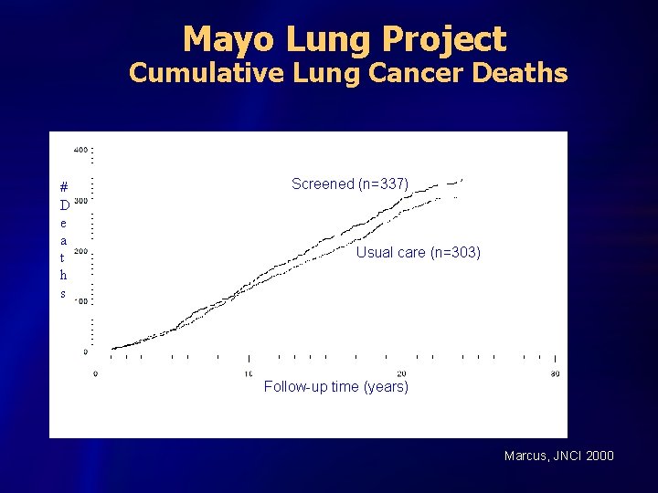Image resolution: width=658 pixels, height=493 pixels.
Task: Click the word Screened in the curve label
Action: [x=322, y=184]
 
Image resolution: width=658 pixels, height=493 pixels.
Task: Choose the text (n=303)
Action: [x=455, y=252]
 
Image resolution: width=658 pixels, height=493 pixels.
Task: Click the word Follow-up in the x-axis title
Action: [x=296, y=386]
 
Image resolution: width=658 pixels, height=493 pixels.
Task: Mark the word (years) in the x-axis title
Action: [x=386, y=386]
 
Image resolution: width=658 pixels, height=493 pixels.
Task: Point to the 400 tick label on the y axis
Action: [x=80, y=149]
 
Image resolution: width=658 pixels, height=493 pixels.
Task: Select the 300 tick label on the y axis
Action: [x=80, y=200]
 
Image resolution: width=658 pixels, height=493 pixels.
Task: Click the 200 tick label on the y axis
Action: [x=80, y=251]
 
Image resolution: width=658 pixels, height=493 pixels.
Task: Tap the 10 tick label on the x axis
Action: [x=249, y=373]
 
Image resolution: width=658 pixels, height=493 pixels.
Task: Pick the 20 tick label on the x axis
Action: [x=401, y=373]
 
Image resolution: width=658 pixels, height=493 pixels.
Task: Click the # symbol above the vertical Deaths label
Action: [x=63, y=183]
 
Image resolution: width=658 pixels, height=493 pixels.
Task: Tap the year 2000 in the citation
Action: [x=600, y=456]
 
